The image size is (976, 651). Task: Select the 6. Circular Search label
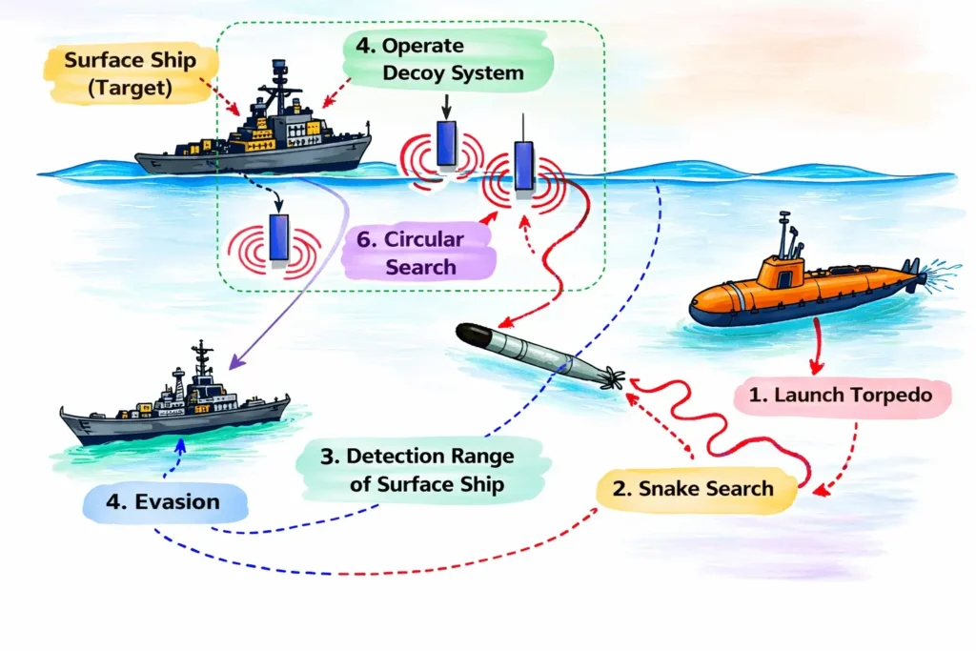[423, 252]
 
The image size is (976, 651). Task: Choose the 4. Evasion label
[166, 501]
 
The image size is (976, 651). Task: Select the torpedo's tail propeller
[610, 378]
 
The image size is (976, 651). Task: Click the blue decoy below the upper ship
[278, 238]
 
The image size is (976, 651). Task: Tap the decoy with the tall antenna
[523, 168]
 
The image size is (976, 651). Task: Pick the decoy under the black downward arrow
[446, 143]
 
